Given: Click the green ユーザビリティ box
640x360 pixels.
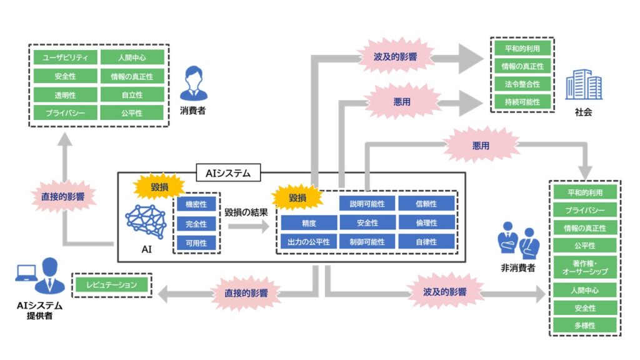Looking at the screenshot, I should pos(66,58).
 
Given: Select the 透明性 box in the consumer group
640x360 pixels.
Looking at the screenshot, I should pos(66,95).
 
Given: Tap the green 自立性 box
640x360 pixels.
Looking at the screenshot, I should pos(132,95).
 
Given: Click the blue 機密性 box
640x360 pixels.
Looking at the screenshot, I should pos(196,205).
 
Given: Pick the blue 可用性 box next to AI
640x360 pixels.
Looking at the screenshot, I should pos(196,241).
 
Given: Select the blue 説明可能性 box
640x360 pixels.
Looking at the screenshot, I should pos(367,204).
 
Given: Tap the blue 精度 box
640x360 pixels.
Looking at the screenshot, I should pos(308,222).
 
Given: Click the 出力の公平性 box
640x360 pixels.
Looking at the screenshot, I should pos(308,241).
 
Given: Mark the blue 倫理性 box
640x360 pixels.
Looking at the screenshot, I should pos(426,222).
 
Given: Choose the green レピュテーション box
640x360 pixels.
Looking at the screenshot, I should pos(111,285).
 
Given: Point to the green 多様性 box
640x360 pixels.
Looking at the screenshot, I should pos(585,326).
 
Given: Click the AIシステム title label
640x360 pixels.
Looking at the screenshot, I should pos(229,172).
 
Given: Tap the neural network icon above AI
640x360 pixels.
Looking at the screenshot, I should pos(145,219).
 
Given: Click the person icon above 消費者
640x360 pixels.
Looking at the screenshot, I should pos(192,84).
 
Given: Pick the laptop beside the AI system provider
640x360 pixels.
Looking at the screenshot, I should pos(26,273).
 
